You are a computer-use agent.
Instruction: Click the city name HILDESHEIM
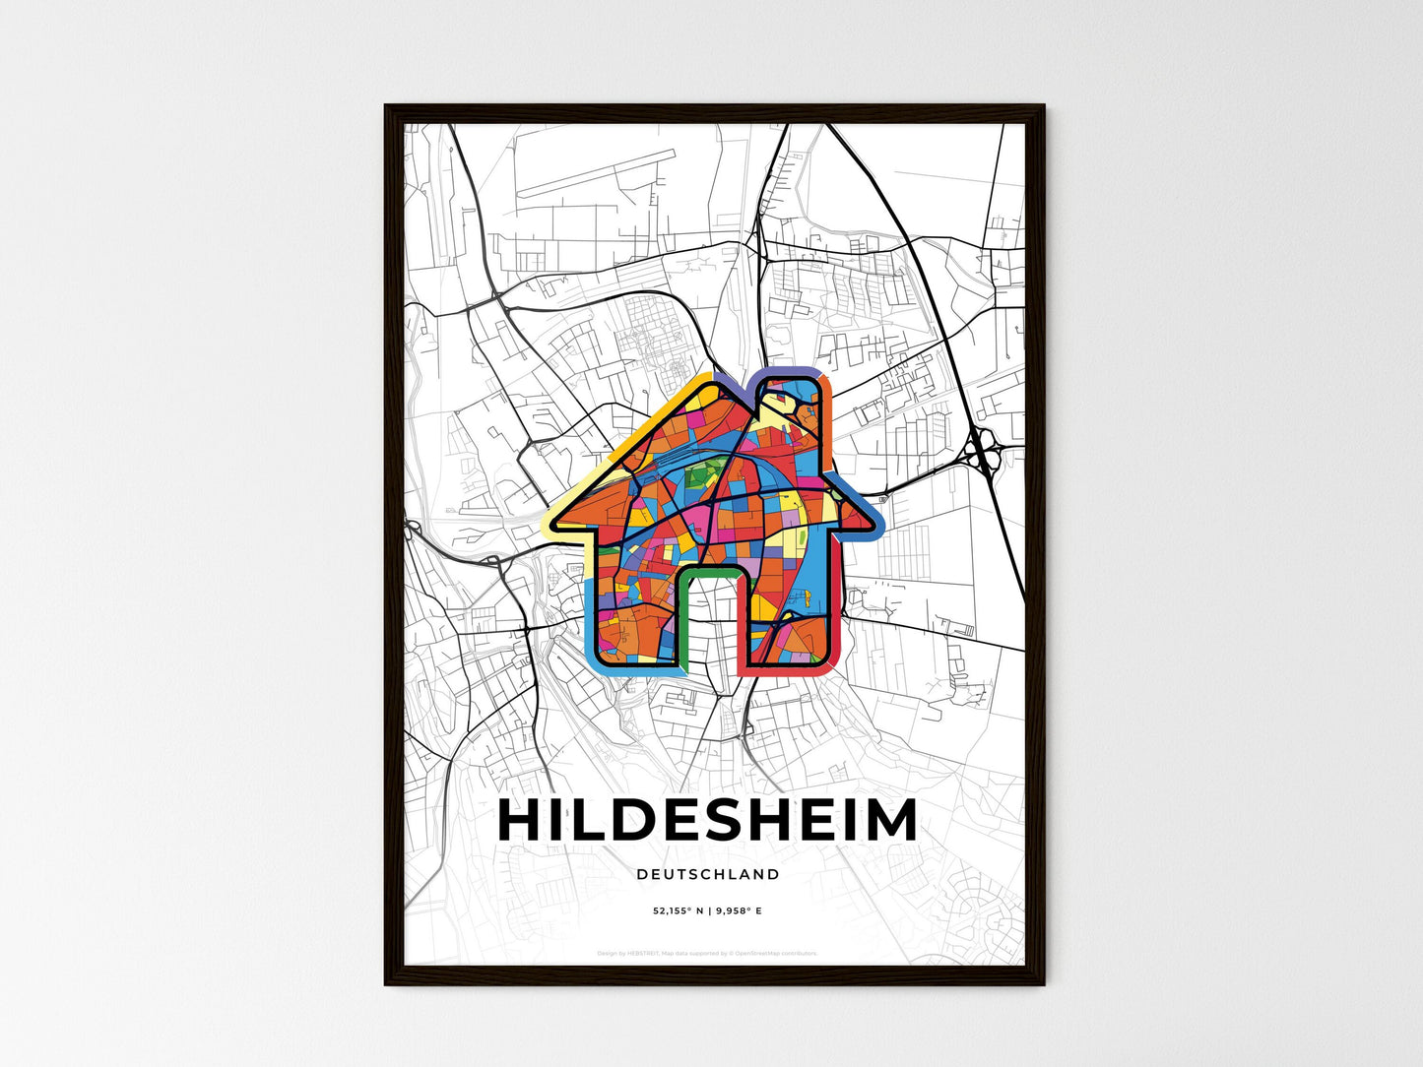click(708, 821)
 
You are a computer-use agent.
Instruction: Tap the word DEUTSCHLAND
click(708, 874)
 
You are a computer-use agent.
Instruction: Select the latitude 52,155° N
click(678, 910)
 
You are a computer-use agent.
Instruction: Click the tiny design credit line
click(708, 953)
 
